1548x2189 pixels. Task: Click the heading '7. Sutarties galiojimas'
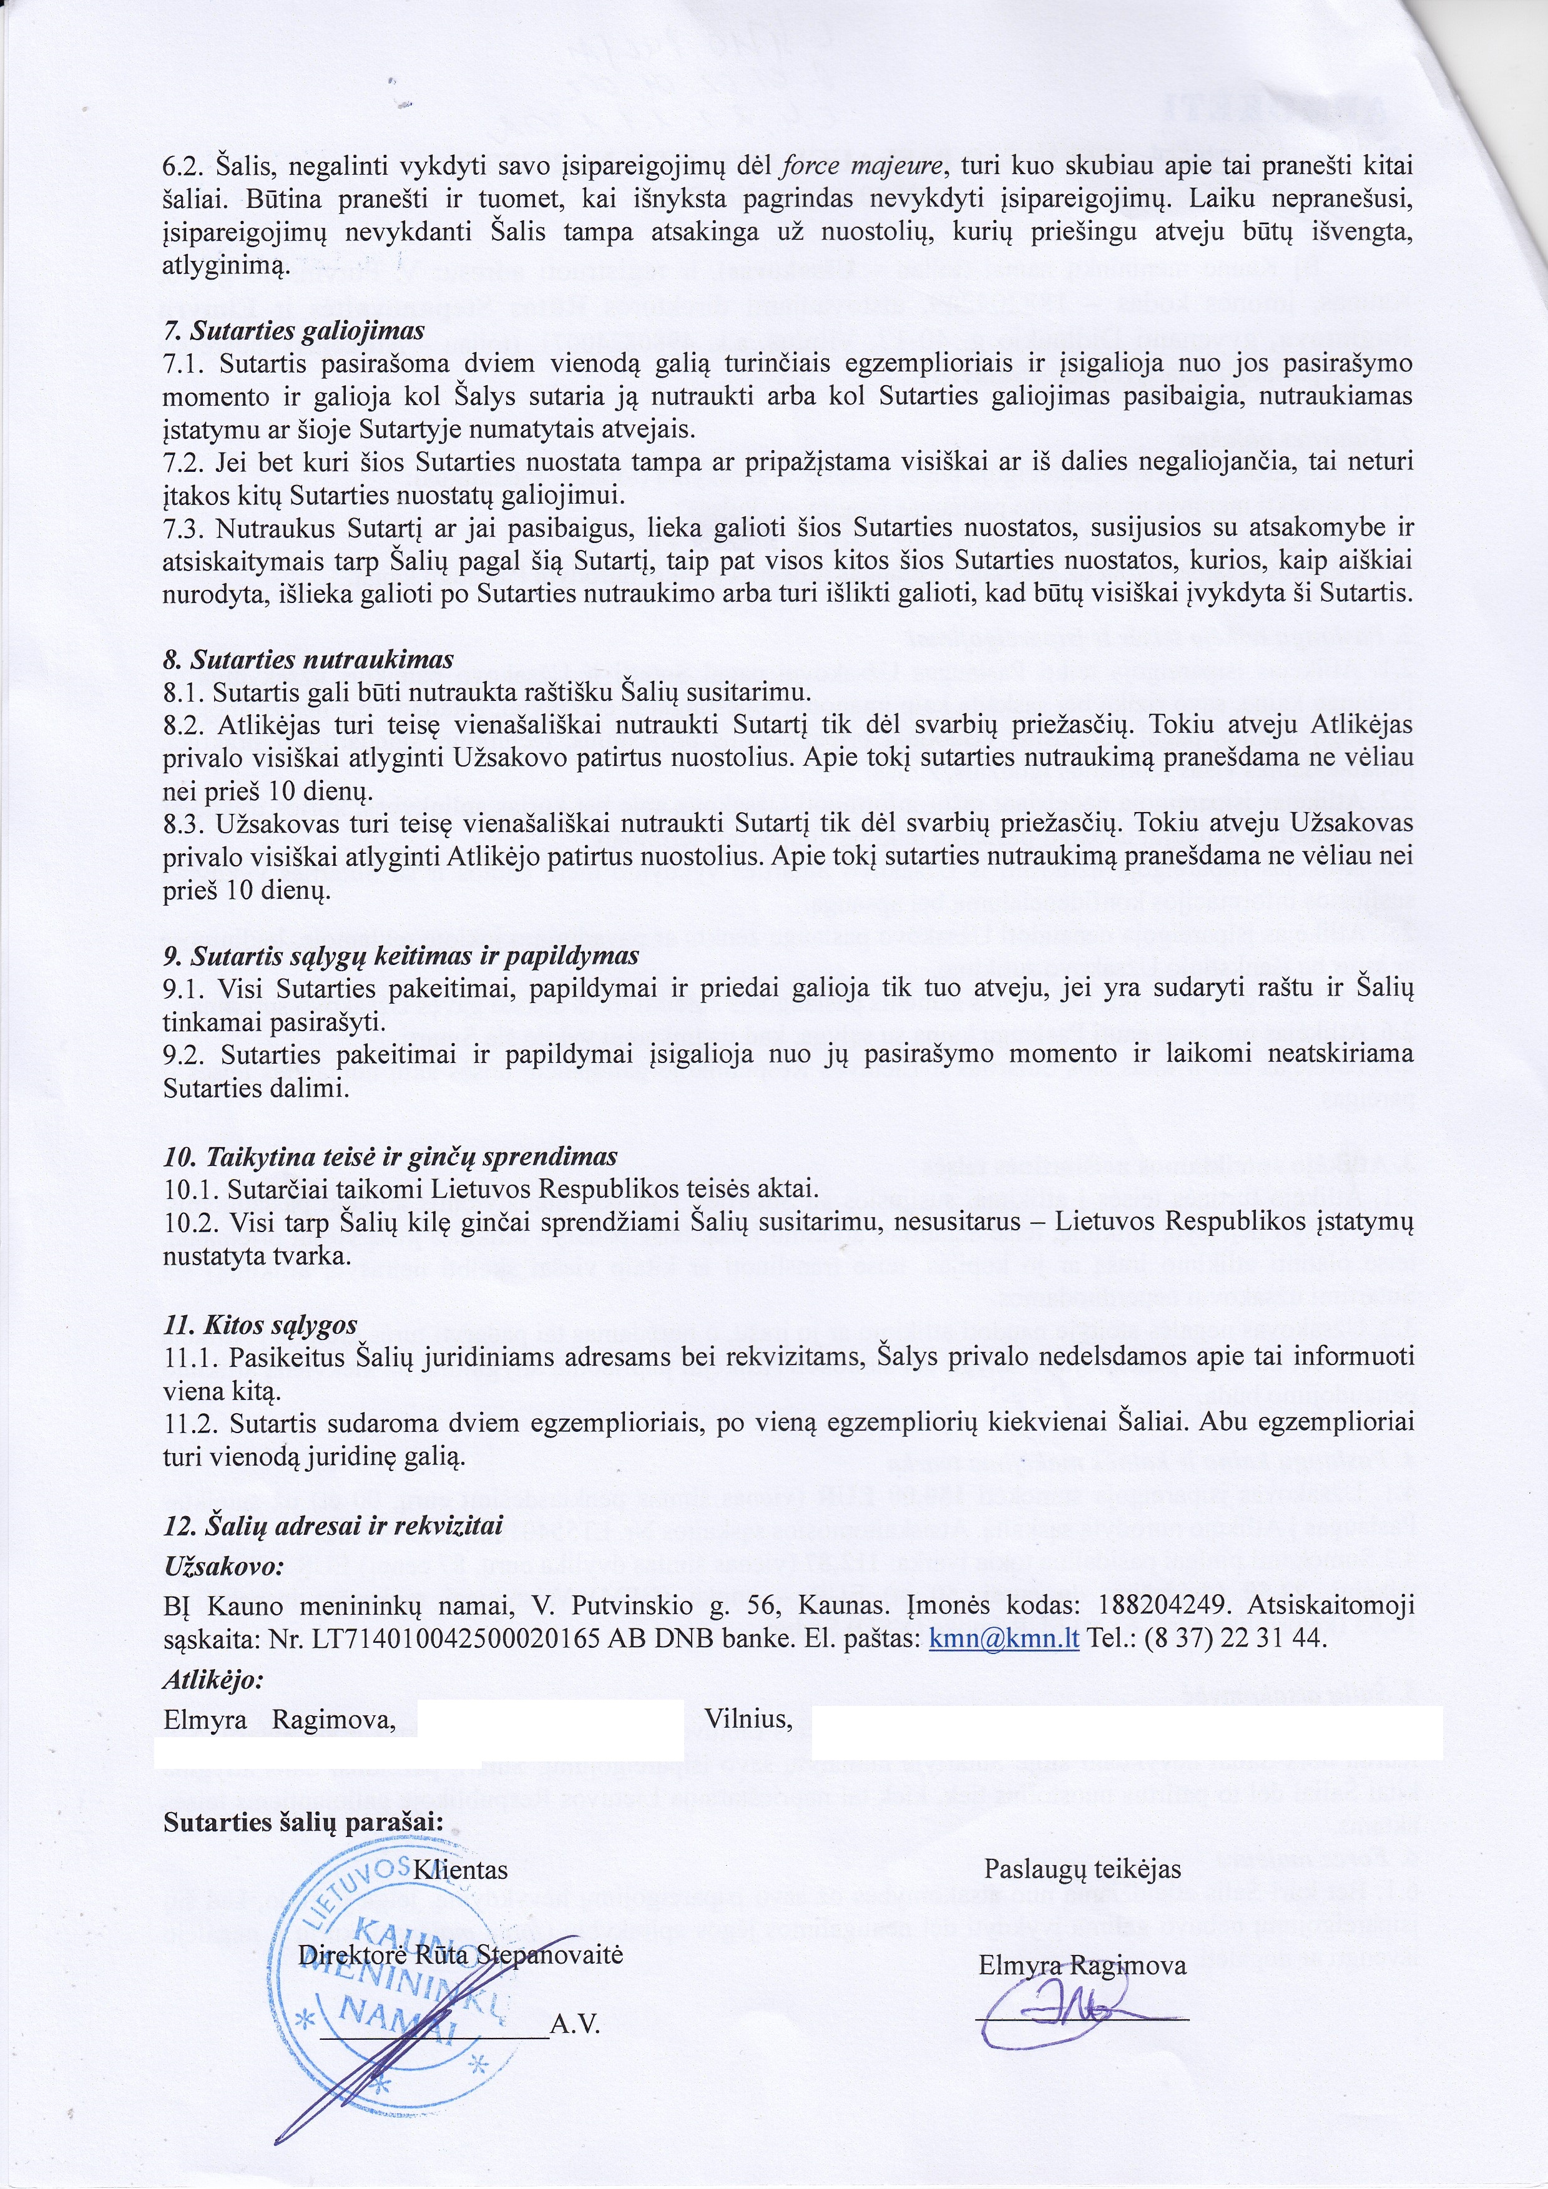(x=293, y=332)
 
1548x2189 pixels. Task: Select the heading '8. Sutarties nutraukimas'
(x=308, y=659)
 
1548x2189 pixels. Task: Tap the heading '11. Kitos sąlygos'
(x=260, y=1325)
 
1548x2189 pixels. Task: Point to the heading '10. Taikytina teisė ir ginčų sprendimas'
(x=391, y=1157)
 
